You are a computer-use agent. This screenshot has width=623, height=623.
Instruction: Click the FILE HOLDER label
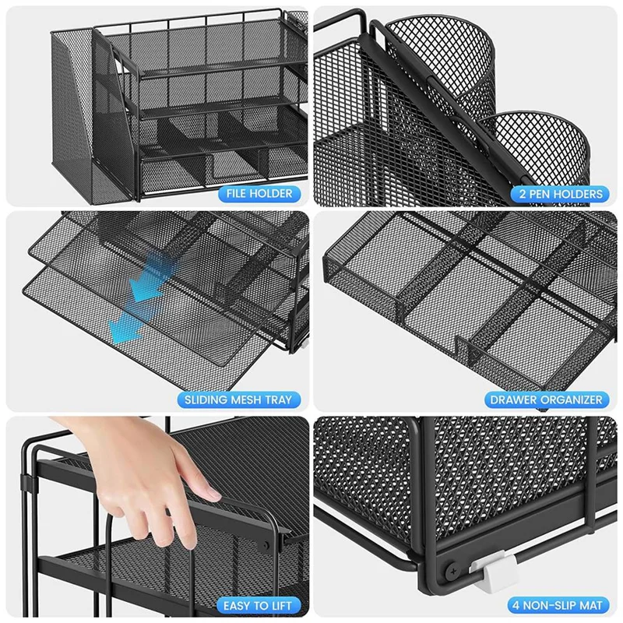click(x=260, y=193)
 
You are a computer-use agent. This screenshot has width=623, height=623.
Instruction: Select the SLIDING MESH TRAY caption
click(x=238, y=399)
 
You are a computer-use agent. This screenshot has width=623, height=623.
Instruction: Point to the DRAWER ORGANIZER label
click(x=546, y=399)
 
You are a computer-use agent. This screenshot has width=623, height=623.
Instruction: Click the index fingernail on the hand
click(x=208, y=492)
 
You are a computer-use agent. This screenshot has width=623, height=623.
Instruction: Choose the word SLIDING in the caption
click(x=205, y=399)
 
